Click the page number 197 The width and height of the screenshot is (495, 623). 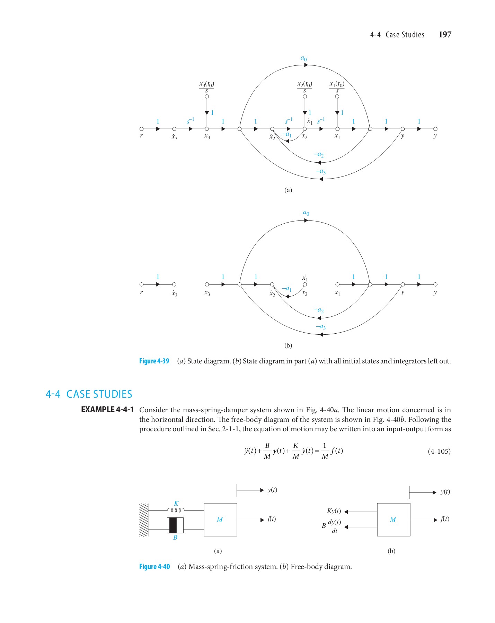click(x=445, y=35)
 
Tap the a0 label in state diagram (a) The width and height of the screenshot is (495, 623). click(x=303, y=58)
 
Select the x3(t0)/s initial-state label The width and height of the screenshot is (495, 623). click(x=207, y=87)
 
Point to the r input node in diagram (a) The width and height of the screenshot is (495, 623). click(x=141, y=129)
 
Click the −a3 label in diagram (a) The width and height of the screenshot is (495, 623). click(x=321, y=171)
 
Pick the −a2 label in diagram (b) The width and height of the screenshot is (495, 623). click(x=319, y=310)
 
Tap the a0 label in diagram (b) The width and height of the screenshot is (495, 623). click(x=306, y=213)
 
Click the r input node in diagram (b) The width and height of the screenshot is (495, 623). click(x=141, y=285)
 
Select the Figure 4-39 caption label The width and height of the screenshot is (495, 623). click(x=154, y=361)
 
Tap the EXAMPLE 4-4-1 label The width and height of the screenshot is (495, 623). click(x=107, y=410)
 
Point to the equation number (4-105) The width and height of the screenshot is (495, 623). click(x=439, y=451)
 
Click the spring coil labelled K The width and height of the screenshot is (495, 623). click(x=176, y=510)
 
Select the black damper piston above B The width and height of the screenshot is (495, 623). click(x=173, y=525)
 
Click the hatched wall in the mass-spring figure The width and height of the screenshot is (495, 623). click(x=144, y=520)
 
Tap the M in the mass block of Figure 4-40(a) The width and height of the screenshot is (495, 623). click(x=220, y=520)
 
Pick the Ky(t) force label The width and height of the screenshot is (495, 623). click(x=334, y=511)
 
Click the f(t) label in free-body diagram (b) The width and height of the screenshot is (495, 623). click(x=445, y=519)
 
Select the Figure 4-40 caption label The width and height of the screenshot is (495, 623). click(x=154, y=567)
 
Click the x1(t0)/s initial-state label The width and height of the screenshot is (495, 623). click(x=337, y=87)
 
